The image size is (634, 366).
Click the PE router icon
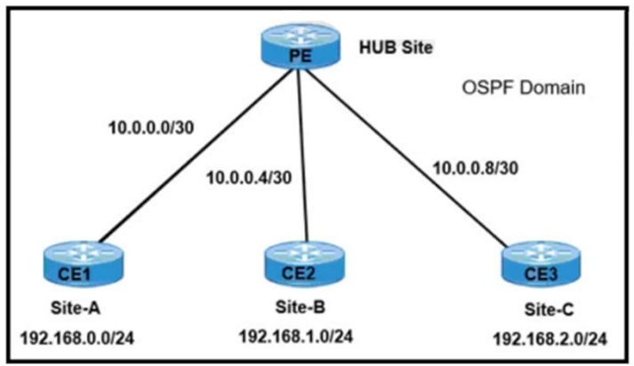[x=301, y=46]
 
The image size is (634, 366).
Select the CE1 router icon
[x=84, y=264]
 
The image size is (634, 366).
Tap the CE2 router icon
[x=305, y=264]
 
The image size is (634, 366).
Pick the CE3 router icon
[x=542, y=264]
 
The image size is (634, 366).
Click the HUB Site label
[x=396, y=48]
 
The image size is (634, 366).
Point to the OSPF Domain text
[x=523, y=87]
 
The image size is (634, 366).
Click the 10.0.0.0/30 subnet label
[x=151, y=127]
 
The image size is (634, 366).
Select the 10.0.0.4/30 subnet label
[x=249, y=177]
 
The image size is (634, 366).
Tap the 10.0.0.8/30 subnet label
[x=476, y=168]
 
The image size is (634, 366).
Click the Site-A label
[x=76, y=308]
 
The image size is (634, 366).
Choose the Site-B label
[x=301, y=307]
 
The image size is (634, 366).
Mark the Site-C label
[x=550, y=310]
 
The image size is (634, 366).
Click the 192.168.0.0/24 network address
[x=77, y=338]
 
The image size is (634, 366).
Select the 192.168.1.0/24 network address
[x=296, y=337]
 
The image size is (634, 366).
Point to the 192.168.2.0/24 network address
[x=550, y=339]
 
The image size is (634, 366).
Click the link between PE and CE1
[x=197, y=155]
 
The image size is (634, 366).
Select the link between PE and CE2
[x=302, y=156]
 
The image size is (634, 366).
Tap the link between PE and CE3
[x=405, y=157]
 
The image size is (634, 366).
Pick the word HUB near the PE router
[x=375, y=48]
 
